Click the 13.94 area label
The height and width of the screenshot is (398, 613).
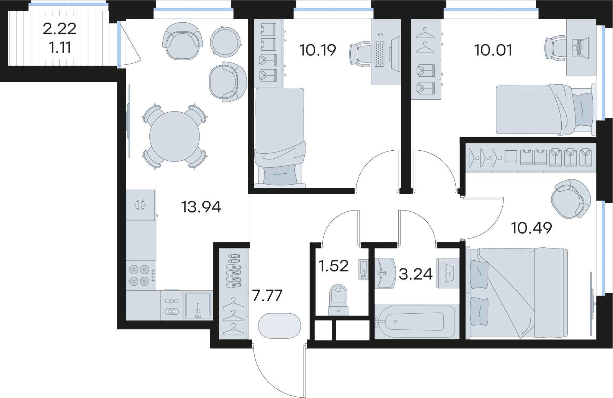click(201, 207)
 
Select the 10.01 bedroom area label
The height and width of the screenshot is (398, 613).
click(493, 51)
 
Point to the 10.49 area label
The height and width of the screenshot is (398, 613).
click(531, 228)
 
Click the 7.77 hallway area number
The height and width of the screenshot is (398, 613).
click(267, 296)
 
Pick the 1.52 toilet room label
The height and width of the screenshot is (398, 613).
click(334, 266)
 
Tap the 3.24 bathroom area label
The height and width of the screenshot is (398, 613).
click(416, 274)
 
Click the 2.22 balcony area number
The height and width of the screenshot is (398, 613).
click(60, 29)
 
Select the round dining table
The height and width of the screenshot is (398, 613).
click(175, 136)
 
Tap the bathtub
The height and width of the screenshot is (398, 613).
click(414, 322)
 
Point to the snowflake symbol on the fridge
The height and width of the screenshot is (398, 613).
click(141, 205)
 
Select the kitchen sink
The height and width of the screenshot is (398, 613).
click(198, 305)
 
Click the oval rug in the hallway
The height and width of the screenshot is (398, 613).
click(280, 326)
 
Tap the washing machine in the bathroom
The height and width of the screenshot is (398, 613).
click(448, 273)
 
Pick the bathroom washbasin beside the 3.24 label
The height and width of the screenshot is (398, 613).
click(385, 273)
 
